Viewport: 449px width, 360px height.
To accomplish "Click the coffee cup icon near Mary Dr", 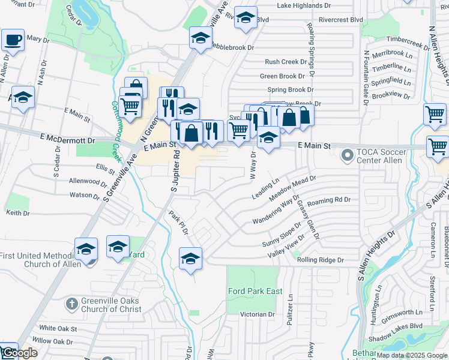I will tap(12, 40).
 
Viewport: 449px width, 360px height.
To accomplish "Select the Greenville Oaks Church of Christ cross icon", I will tap(71, 303).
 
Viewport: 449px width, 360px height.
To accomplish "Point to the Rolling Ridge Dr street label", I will tap(319, 260).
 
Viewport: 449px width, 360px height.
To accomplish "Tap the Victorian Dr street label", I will tap(257, 314).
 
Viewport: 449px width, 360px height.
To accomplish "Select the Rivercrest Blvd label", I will tap(342, 20).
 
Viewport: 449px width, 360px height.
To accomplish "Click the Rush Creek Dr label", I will tap(286, 62).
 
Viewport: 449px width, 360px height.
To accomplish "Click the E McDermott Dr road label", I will tap(67, 140).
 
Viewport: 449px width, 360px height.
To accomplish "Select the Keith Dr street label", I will tap(17, 213).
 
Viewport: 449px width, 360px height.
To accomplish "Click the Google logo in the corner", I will tap(19, 353).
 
